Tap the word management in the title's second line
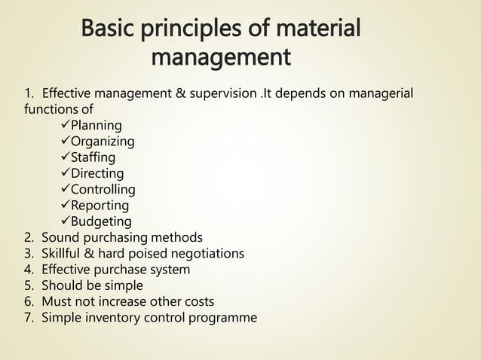pyautogui.click(x=220, y=57)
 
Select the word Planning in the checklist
pyautogui.click(x=96, y=126)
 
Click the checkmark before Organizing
pyautogui.click(x=64, y=142)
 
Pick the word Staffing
pyautogui.click(x=93, y=157)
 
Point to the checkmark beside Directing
pyautogui.click(x=64, y=173)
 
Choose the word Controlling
pyautogui.click(x=103, y=189)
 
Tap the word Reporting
pyautogui.click(x=100, y=205)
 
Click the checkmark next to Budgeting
pyautogui.click(x=64, y=221)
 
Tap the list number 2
pyautogui.click(x=28, y=237)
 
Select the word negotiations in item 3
pyautogui.click(x=207, y=253)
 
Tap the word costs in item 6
pyautogui.click(x=198, y=301)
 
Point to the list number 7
pyautogui.click(x=28, y=317)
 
